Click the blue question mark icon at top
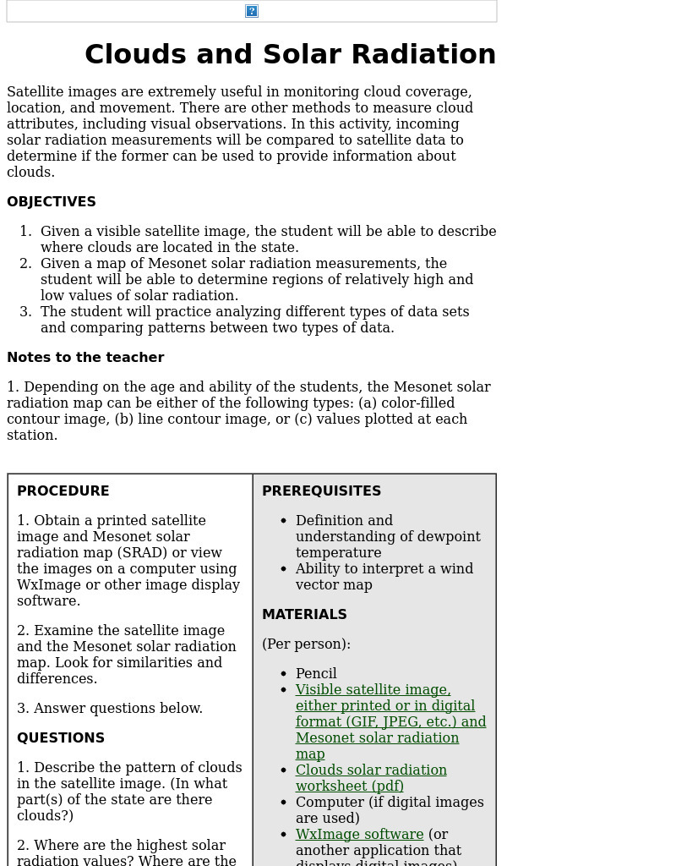(x=251, y=11)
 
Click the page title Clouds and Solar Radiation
(x=290, y=54)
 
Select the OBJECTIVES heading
(x=52, y=202)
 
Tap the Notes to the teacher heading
(x=85, y=358)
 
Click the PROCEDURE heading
(x=63, y=491)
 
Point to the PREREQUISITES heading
(x=321, y=491)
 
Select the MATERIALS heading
(x=304, y=615)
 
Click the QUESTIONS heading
(x=61, y=738)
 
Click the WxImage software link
(x=359, y=835)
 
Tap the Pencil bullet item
(x=316, y=674)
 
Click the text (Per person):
(x=306, y=644)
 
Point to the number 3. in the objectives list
(x=25, y=312)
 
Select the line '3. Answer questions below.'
(x=110, y=709)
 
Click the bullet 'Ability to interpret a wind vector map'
(x=384, y=577)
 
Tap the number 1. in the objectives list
(x=25, y=232)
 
